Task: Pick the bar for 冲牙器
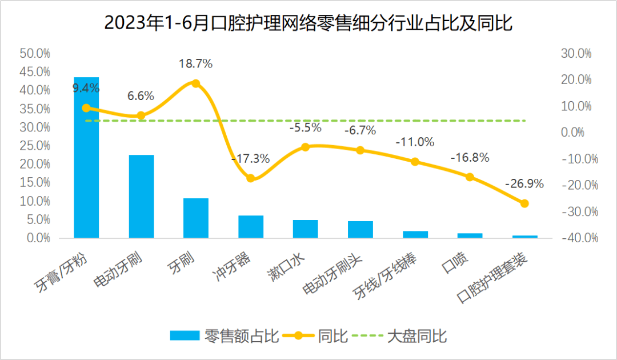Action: tap(251, 226)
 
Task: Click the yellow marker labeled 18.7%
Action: tap(196, 83)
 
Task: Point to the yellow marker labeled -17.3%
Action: tap(251, 178)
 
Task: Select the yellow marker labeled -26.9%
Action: tap(524, 203)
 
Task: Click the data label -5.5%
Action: tap(305, 127)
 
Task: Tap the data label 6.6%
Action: tap(141, 96)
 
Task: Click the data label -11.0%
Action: tap(415, 142)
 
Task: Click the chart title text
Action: tap(308, 23)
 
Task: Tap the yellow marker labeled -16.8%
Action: tap(470, 177)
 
